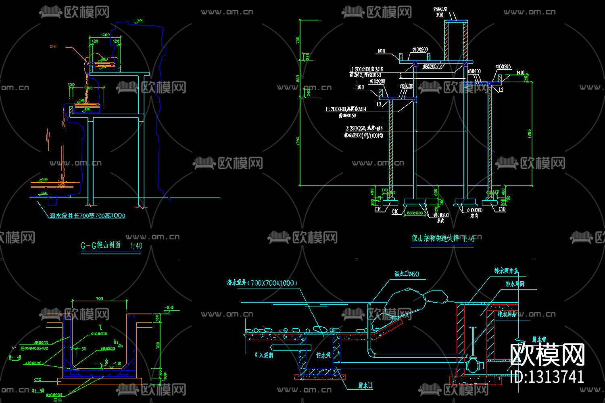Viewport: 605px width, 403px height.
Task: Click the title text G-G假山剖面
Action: click(x=100, y=245)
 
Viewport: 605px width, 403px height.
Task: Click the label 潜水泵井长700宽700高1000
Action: click(x=88, y=216)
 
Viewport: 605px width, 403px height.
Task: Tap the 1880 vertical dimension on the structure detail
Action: click(x=529, y=133)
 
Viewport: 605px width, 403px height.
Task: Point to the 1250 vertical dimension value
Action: click(x=298, y=141)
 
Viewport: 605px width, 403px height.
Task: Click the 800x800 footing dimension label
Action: click(x=415, y=213)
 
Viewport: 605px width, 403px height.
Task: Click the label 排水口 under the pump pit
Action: click(x=365, y=386)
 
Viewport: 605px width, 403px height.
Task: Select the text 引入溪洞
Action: click(x=264, y=355)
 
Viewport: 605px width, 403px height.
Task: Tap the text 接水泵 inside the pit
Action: click(x=323, y=355)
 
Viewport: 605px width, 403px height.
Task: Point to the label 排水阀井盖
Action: click(x=506, y=271)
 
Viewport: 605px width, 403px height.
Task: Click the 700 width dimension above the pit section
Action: click(x=100, y=299)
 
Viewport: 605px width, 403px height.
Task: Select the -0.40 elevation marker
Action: click(x=169, y=307)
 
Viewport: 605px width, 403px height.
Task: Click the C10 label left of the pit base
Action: click(x=38, y=379)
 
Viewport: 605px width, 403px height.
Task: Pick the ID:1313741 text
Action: click(x=547, y=377)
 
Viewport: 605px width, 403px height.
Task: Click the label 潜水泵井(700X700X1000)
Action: click(x=262, y=283)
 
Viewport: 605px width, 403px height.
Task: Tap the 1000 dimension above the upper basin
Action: click(x=105, y=35)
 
